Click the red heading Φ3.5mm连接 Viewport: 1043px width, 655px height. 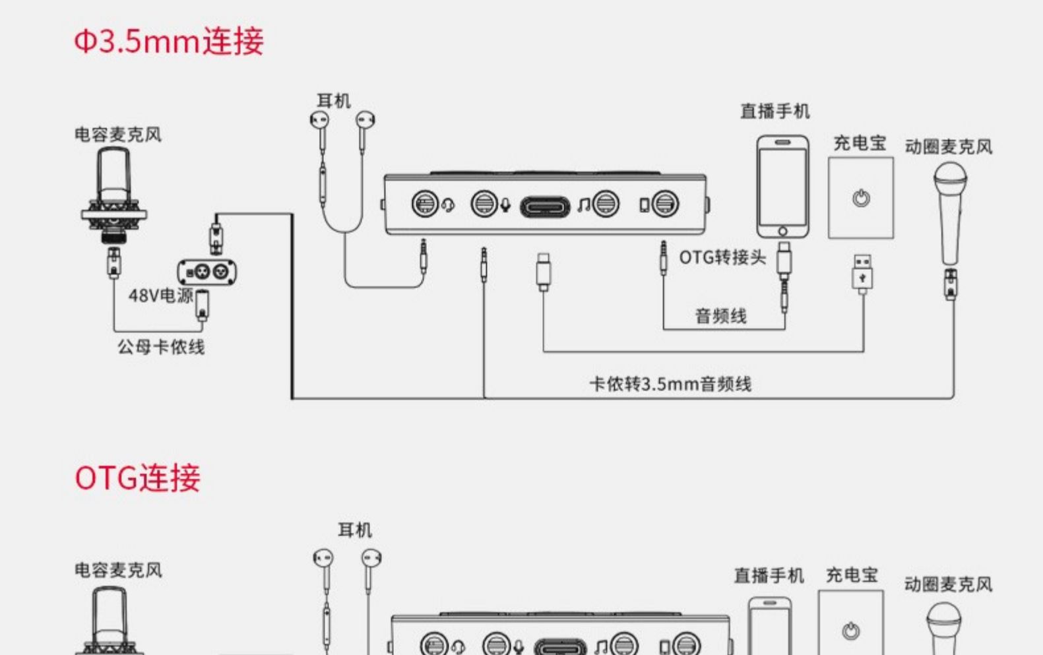click(x=169, y=42)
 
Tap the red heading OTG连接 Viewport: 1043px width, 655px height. click(x=138, y=478)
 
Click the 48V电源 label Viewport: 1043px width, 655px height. click(x=161, y=296)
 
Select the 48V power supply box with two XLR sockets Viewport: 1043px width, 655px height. click(x=206, y=272)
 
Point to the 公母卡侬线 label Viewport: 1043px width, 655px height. click(x=161, y=347)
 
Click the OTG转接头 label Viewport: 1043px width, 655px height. click(x=722, y=257)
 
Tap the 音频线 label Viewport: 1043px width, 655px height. click(x=721, y=316)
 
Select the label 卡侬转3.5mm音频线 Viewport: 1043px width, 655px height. click(x=670, y=384)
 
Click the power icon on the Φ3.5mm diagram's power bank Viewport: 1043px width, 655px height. click(x=861, y=199)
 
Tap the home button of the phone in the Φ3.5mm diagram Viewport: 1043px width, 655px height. click(x=782, y=231)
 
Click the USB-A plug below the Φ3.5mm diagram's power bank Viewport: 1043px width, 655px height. click(x=862, y=274)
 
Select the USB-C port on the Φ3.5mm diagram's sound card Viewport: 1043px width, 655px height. click(x=545, y=207)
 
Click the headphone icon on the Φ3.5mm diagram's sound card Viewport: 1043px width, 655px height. click(x=448, y=205)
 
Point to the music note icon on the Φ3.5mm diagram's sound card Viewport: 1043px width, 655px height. click(x=583, y=205)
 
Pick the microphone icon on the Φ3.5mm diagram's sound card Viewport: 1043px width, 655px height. click(x=505, y=205)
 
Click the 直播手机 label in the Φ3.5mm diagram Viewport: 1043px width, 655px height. click(x=775, y=111)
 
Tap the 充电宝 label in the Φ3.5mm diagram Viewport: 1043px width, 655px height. click(x=860, y=143)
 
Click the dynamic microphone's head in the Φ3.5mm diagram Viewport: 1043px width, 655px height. click(x=951, y=178)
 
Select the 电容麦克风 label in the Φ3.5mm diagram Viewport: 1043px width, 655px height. click(x=118, y=135)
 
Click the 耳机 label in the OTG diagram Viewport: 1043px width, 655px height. click(x=355, y=530)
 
